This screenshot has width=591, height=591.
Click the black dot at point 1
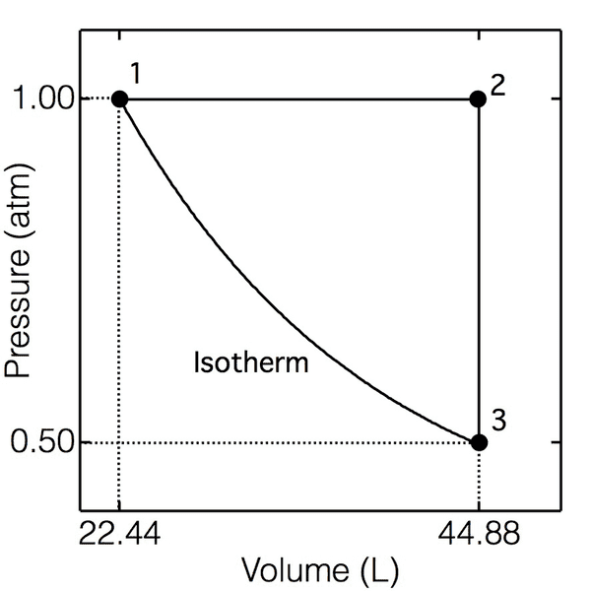[119, 98]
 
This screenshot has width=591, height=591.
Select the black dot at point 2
[478, 98]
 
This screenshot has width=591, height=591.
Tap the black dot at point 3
[478, 442]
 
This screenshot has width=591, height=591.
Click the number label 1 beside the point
[136, 74]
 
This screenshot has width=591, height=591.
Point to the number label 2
[497, 84]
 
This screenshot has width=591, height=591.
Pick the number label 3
[498, 420]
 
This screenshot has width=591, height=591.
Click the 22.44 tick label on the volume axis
[119, 537]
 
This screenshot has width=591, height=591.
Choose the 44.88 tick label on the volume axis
[478, 537]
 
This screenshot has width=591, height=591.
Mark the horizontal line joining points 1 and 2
[295, 98]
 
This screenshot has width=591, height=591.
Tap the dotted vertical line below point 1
[119, 295]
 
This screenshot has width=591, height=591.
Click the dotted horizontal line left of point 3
[295, 442]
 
